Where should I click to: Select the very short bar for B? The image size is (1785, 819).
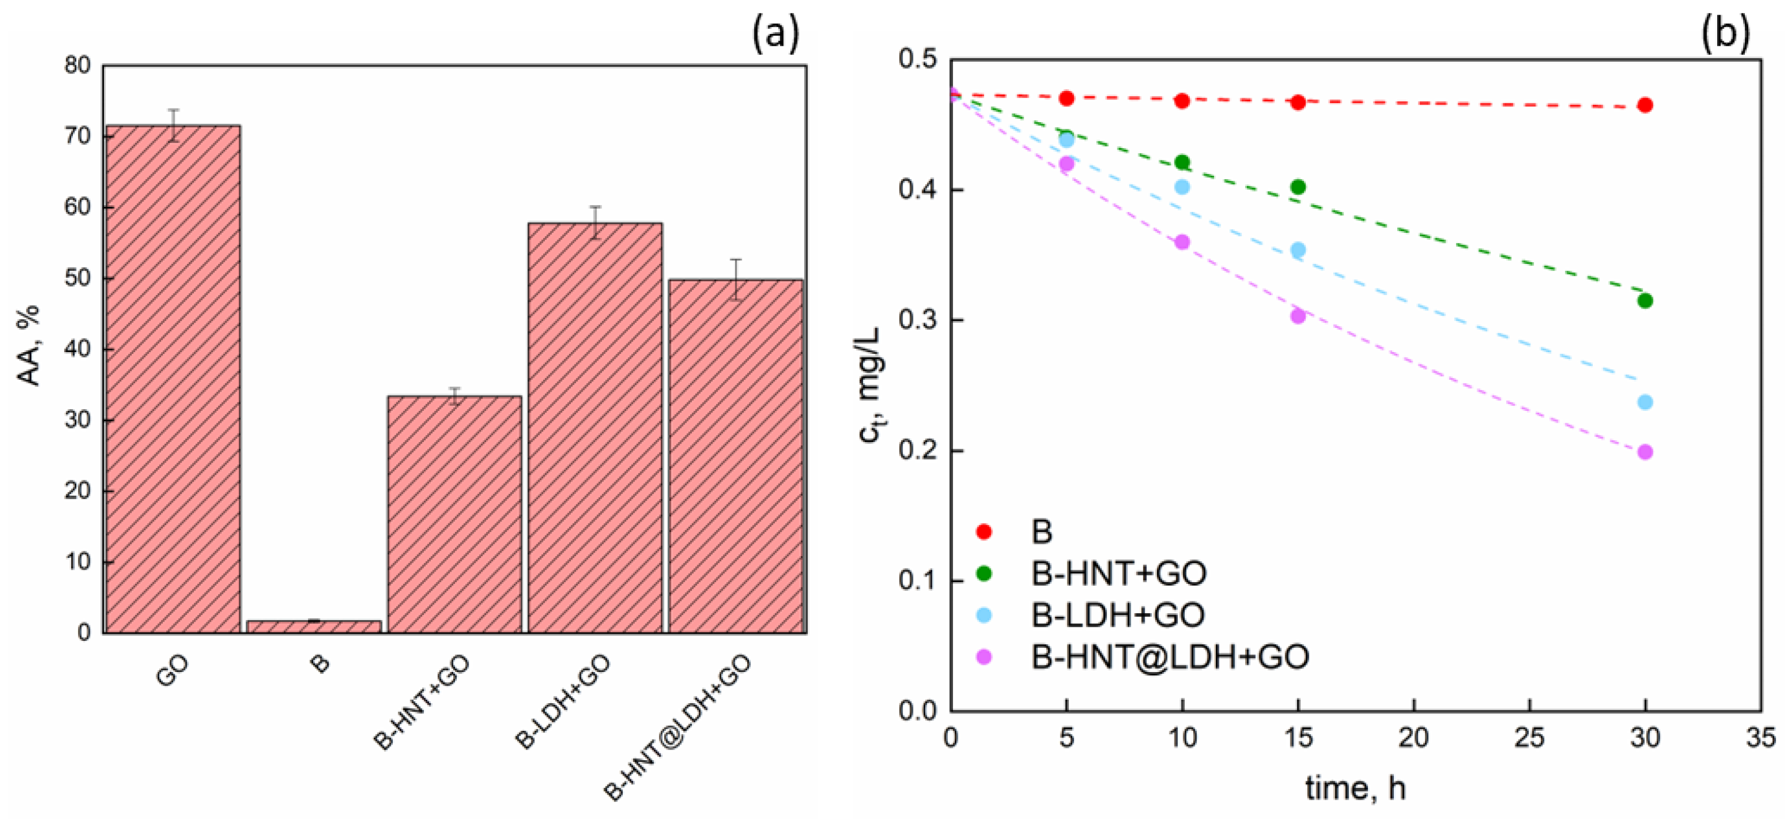point(314,626)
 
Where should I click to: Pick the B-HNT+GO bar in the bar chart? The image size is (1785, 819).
point(454,514)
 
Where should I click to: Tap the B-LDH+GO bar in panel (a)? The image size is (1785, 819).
point(595,427)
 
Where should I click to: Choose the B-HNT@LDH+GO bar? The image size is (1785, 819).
point(735,456)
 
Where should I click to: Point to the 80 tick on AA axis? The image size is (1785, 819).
point(77,65)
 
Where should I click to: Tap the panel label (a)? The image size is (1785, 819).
point(775,33)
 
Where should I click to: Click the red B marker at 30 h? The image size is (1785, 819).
point(1645,105)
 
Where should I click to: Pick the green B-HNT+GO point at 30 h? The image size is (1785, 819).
point(1645,301)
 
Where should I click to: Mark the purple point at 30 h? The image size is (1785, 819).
point(1645,453)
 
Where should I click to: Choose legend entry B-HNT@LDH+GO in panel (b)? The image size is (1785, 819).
point(1169,656)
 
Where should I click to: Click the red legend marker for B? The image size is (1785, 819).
point(984,531)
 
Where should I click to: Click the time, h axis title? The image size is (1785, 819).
point(1355,788)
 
